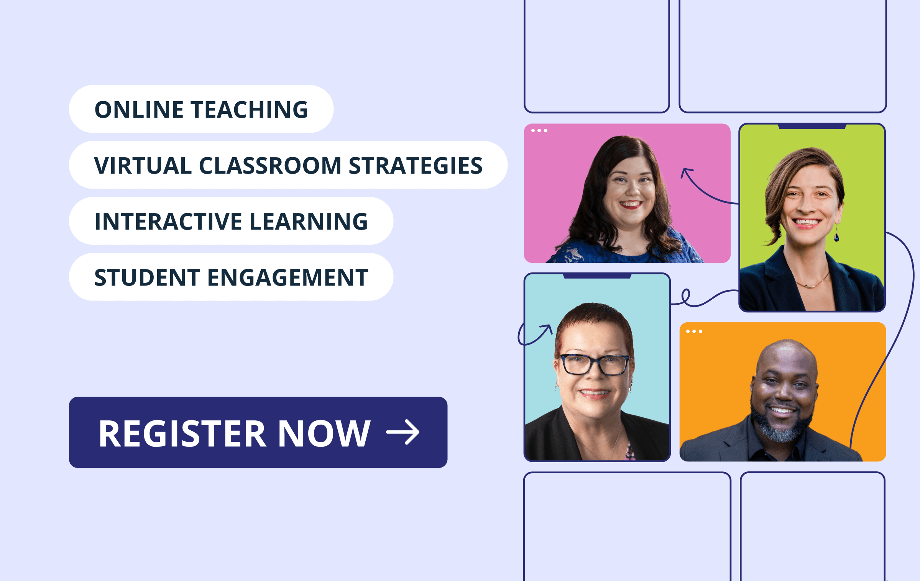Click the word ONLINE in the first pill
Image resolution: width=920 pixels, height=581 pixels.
[139, 110]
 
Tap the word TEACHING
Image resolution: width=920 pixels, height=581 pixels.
[250, 110]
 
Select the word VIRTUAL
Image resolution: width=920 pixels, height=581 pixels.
[143, 166]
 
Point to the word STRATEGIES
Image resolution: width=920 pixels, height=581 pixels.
[416, 166]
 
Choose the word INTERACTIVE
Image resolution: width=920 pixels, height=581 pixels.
[168, 222]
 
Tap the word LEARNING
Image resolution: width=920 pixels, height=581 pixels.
[309, 222]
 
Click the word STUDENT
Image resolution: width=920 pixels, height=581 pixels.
[147, 277]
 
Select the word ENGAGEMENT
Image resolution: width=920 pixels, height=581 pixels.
[288, 277]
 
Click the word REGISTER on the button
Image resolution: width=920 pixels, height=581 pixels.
[182, 433]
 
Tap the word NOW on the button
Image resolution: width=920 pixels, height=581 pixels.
[324, 433]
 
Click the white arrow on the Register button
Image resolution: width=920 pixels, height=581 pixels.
[403, 432]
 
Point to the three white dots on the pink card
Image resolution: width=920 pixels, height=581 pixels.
[539, 131]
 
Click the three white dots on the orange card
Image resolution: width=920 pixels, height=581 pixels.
[694, 332]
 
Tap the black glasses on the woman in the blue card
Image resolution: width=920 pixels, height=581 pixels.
[595, 365]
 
